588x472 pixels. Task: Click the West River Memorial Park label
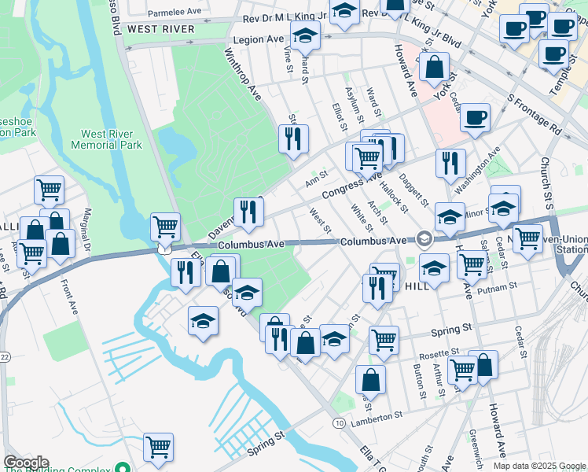tap(106, 139)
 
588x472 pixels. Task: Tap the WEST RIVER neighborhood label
tap(160, 29)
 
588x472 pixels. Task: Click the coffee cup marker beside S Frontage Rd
tap(475, 118)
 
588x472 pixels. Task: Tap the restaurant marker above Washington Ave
tap(450, 164)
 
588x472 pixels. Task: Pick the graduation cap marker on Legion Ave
tap(305, 35)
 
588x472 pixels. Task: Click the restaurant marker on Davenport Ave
tap(248, 212)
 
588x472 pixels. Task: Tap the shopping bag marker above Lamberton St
tap(370, 380)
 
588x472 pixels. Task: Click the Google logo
tap(25, 463)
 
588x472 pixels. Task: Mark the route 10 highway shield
tap(339, 423)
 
